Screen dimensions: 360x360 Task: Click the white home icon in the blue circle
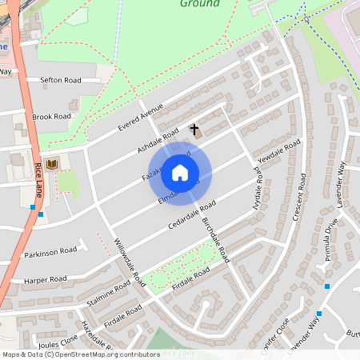[180, 172]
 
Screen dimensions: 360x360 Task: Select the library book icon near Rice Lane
[52, 164]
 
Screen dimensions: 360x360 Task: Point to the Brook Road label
[52, 117]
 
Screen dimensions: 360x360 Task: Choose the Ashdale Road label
[158, 136]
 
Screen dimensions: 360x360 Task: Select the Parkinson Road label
[50, 251]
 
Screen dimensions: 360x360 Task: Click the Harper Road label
[43, 281]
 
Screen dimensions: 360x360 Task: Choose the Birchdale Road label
[216, 240]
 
